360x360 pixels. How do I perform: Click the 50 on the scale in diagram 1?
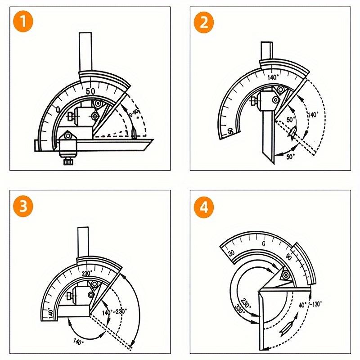90,91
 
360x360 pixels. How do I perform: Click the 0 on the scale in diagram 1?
58,109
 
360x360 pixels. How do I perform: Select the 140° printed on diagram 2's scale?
273,77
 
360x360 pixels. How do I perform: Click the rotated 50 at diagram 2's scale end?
230,131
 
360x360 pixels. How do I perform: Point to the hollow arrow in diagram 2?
291,133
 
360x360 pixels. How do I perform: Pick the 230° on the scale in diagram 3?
88,272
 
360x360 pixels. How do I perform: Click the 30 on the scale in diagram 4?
231,253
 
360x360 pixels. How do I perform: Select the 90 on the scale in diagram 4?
288,258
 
